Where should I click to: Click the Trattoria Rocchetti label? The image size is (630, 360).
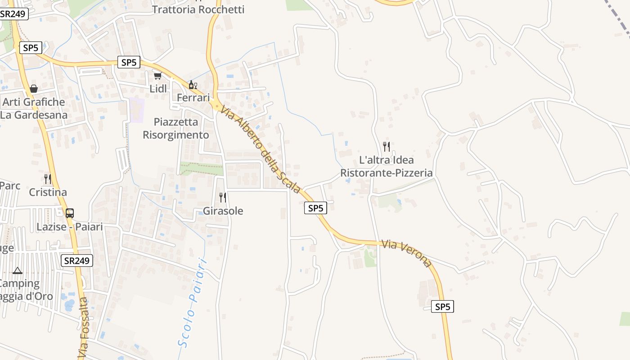pos(198,9)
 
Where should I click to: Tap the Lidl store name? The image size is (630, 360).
pos(158,89)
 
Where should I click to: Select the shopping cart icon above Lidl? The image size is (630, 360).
pos(157,76)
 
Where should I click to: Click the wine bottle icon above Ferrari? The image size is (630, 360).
pos(193,85)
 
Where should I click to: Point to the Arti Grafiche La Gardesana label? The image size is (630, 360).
pos(34,108)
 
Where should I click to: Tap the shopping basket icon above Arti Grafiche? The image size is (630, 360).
pos(33,89)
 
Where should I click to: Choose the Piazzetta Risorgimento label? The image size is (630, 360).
pos(176,128)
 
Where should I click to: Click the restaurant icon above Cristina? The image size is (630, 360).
pos(48,179)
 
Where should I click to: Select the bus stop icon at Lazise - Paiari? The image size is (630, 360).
pos(69,213)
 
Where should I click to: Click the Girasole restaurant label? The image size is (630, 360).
pos(223,211)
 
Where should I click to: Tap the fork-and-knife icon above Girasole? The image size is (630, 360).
pos(222,197)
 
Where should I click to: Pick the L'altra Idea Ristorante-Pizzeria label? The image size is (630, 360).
pos(386,166)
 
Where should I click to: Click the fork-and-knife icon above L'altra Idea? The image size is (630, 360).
pos(386,146)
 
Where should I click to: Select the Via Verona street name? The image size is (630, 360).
pos(407,253)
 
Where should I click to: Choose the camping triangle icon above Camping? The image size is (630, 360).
pos(18,270)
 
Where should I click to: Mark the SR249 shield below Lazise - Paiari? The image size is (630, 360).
pos(77,260)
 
